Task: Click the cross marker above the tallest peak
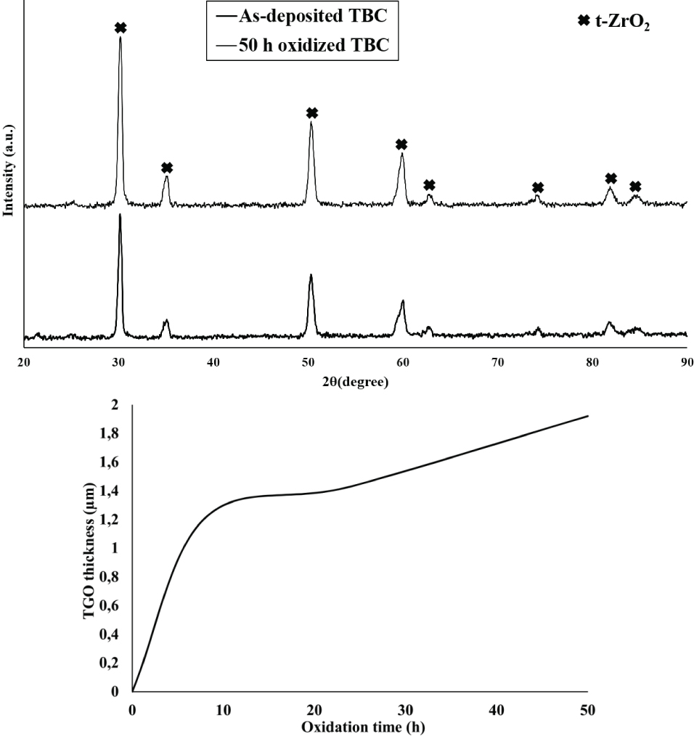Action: (x=121, y=28)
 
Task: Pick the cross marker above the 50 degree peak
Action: (x=312, y=113)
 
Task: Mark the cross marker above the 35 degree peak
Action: (x=167, y=168)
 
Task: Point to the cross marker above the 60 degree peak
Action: (x=401, y=144)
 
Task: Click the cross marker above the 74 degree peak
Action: (x=538, y=187)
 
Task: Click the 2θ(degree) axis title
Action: (x=356, y=383)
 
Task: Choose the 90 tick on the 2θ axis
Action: (x=686, y=362)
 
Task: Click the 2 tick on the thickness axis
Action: (x=116, y=405)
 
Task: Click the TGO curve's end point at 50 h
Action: (x=587, y=416)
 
